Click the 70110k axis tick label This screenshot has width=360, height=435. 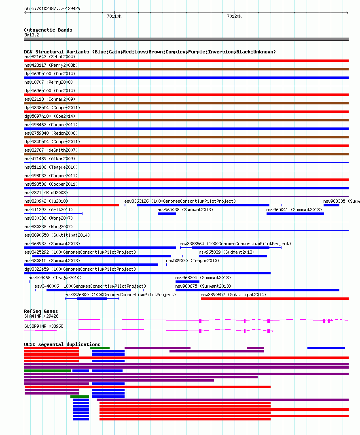pos(114,16)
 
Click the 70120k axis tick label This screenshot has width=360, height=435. pos(234,16)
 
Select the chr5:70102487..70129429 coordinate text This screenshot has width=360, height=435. pos(53,8)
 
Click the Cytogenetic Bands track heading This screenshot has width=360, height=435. pos(48,30)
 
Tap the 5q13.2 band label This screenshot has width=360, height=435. pos(32,35)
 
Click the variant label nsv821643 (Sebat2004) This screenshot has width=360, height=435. pos(50,57)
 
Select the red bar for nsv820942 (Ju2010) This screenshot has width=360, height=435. pos(71,205)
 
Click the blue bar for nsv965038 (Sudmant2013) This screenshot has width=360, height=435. pos(167,214)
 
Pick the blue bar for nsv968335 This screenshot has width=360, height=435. pos(331,205)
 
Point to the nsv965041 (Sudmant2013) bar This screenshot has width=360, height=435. pos(295,214)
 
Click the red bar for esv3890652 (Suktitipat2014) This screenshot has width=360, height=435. pos(275,299)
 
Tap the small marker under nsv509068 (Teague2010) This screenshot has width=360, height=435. pos(29,282)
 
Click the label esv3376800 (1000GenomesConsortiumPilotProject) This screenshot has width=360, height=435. pos(120,295)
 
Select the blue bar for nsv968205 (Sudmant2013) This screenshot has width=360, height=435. pos(188,282)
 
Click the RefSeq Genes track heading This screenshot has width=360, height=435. pos(41,311)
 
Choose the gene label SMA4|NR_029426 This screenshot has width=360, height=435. pos(41,316)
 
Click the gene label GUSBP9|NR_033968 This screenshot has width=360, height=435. pos(44,326)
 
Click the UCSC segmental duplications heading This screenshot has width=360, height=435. pos(62,344)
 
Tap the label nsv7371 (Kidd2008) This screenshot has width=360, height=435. pos(46,193)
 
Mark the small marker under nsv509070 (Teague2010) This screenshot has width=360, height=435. pos(166,265)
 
